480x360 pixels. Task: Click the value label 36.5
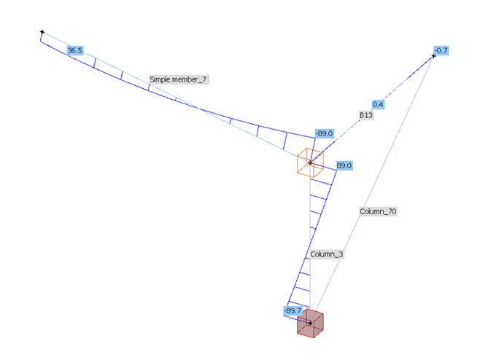click(x=74, y=50)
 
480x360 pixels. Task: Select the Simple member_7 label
click(x=179, y=79)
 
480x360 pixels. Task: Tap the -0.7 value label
click(x=441, y=50)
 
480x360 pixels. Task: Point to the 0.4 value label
click(x=378, y=104)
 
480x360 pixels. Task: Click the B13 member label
click(x=366, y=115)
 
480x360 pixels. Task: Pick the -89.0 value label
click(x=324, y=133)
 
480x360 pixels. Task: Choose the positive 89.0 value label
click(x=344, y=166)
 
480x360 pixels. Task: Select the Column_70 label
click(x=378, y=211)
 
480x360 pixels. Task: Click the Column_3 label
click(x=326, y=254)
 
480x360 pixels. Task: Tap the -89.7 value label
click(x=293, y=311)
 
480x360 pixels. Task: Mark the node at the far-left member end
click(x=42, y=32)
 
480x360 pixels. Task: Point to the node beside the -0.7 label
click(x=433, y=55)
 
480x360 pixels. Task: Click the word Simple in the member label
click(x=160, y=79)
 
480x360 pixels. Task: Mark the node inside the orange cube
click(x=310, y=162)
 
